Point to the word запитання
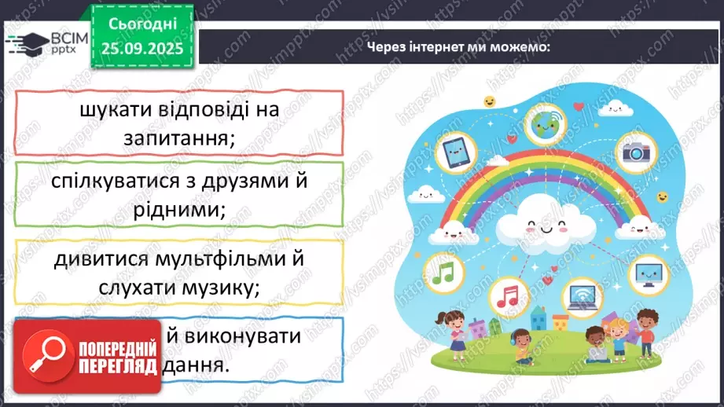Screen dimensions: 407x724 click(x=179, y=137)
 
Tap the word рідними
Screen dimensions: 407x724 click(x=179, y=210)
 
